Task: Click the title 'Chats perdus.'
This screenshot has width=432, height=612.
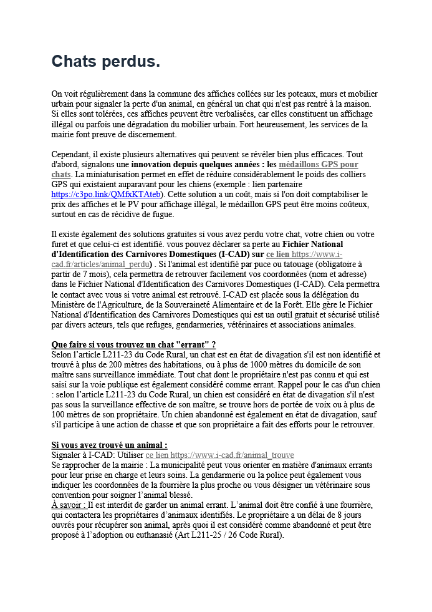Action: click(x=105, y=61)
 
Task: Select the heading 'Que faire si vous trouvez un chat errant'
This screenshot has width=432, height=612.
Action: click(x=133, y=344)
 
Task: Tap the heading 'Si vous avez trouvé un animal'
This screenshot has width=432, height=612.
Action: click(x=109, y=445)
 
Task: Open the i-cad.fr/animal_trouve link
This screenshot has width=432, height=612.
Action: click(x=232, y=455)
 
